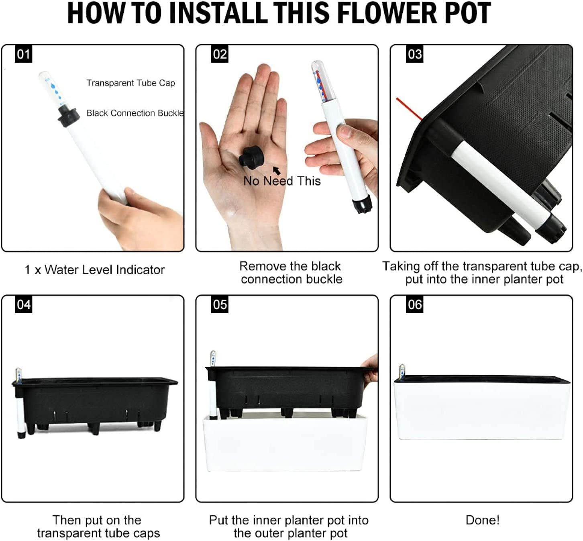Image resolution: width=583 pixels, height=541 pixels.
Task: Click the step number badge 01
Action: (23, 54)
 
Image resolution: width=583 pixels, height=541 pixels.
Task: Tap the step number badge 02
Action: (220, 54)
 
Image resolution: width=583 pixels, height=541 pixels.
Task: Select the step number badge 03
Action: (414, 54)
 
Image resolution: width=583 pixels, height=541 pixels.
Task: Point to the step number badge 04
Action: (23, 304)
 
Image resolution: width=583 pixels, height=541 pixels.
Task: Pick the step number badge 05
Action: (220, 304)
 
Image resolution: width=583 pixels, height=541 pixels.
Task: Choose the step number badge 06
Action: (414, 304)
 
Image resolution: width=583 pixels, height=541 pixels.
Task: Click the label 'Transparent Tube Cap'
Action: (130, 83)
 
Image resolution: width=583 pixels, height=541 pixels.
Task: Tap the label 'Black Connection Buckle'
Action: (135, 113)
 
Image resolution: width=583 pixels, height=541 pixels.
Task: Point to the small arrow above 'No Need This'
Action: (277, 171)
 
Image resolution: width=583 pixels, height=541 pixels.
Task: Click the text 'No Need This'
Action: (282, 181)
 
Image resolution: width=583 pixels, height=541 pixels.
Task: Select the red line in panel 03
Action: (409, 109)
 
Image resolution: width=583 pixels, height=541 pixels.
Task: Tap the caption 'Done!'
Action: (482, 520)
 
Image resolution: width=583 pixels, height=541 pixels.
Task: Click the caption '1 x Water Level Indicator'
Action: (94, 269)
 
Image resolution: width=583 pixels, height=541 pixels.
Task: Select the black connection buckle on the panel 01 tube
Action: (69, 117)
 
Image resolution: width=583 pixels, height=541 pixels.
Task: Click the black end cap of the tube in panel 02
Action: (363, 204)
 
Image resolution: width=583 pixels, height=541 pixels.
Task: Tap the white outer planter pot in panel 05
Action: (285, 443)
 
